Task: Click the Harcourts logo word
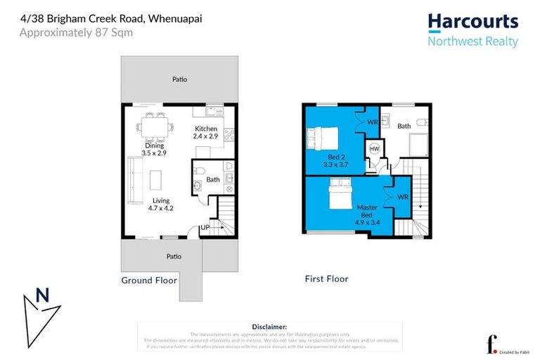(472, 22)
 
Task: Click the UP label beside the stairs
(205, 228)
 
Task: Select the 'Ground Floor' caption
(148, 280)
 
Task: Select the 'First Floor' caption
(326, 279)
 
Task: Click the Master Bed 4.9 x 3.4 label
(368, 213)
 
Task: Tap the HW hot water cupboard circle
(374, 150)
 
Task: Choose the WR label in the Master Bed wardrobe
(402, 198)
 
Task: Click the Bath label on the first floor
(404, 126)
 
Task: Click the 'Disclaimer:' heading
(269, 327)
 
